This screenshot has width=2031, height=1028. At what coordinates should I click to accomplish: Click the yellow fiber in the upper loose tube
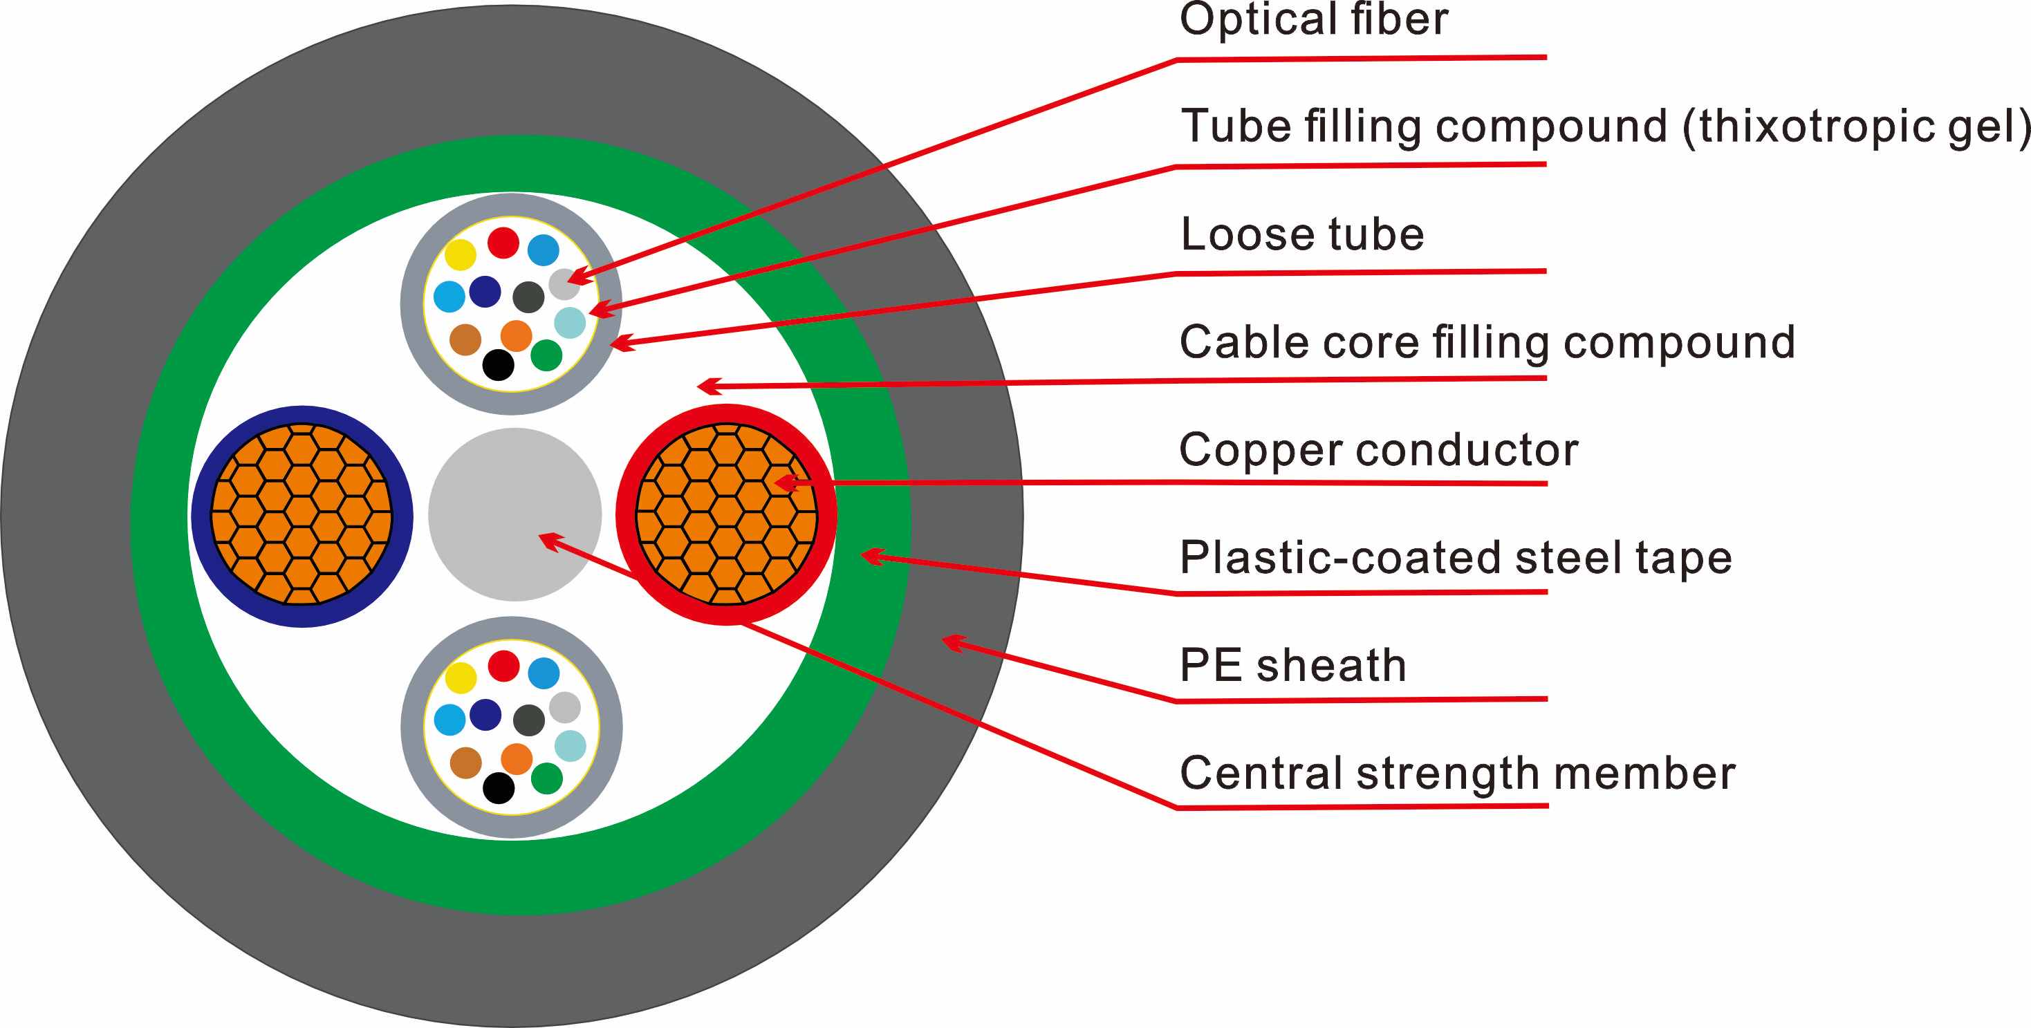click(461, 254)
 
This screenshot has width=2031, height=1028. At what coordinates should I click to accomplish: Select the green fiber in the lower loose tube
click(546, 779)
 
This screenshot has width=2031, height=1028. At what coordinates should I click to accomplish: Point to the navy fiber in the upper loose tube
click(485, 292)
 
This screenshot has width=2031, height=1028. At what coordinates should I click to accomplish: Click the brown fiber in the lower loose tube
click(465, 763)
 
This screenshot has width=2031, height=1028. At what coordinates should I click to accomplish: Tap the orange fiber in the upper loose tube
click(517, 336)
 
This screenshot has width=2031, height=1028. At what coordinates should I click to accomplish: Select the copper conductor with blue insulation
click(302, 516)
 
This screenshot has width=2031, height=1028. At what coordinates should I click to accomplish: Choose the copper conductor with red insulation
click(726, 515)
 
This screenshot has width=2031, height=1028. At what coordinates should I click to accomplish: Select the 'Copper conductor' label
click(1379, 449)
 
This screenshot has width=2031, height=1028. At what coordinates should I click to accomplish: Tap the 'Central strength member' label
click(1458, 773)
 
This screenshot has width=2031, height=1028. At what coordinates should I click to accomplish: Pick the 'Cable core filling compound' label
click(1487, 342)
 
